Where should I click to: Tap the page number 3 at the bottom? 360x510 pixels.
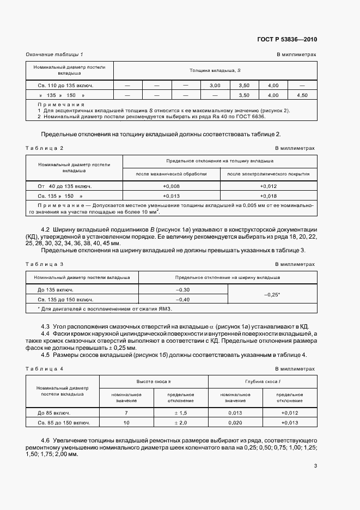click(315, 465)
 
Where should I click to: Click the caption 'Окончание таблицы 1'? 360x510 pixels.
click(54, 55)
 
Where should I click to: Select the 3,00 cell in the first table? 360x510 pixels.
click(215, 86)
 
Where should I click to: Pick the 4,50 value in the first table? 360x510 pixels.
click(302, 95)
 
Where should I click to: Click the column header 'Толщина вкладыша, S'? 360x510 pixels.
click(215, 71)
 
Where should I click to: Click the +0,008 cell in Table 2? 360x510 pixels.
click(172, 186)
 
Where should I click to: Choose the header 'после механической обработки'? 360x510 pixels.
click(172, 174)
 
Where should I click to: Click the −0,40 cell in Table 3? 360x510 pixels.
click(183, 300)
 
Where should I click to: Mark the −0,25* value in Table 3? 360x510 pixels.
click(271, 295)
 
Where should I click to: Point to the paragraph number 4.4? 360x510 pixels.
click(46, 333)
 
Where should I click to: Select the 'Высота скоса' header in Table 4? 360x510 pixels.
click(155, 383)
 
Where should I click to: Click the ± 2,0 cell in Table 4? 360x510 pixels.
click(181, 422)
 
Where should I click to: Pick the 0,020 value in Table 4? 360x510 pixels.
click(236, 422)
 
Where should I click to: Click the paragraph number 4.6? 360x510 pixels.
click(46, 440)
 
